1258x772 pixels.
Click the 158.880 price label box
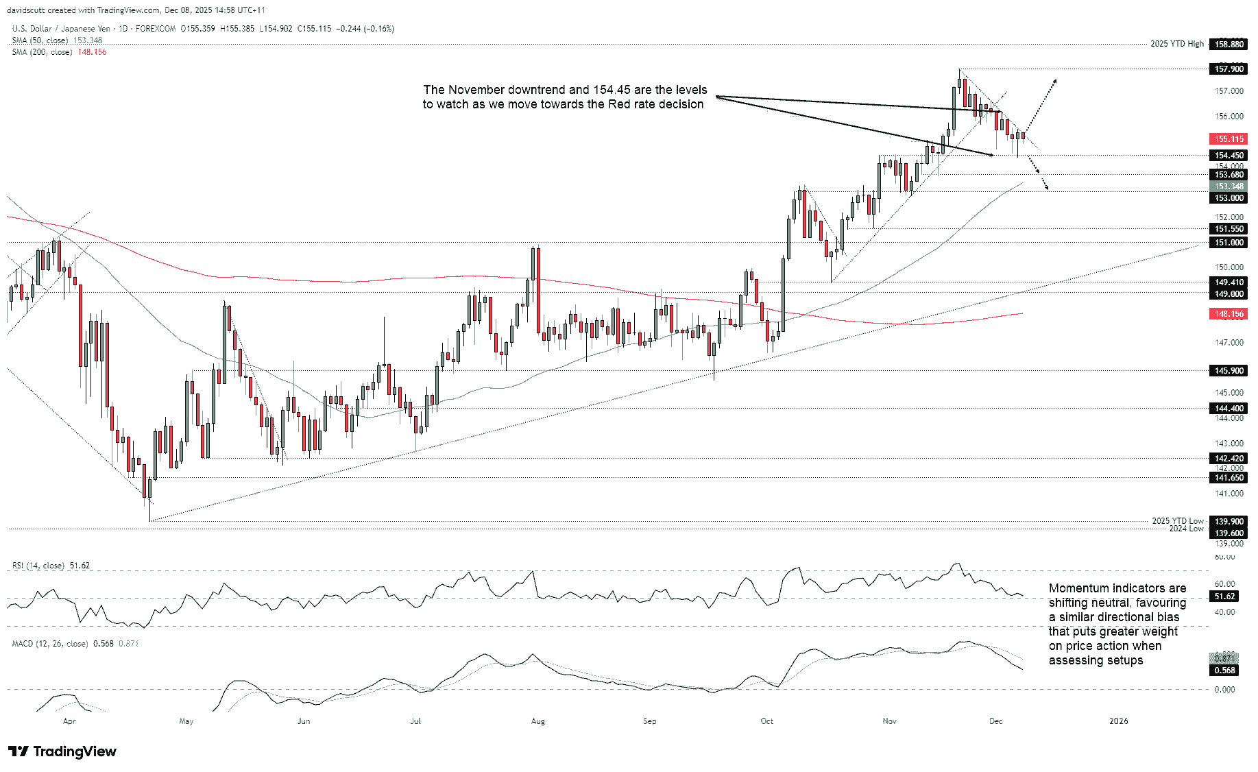coord(1229,44)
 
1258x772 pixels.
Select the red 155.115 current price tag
coord(1229,138)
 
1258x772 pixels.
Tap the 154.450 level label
coord(1229,156)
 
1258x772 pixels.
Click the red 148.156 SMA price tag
coord(1229,314)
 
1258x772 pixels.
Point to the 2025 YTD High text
coord(1176,44)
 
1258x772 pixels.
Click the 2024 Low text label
coord(1186,529)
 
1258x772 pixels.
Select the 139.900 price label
coord(1229,521)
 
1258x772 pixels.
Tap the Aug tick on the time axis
coord(538,721)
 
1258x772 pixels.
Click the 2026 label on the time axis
coord(1118,721)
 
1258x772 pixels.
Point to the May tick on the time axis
coord(186,721)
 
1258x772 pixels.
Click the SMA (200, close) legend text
coord(42,52)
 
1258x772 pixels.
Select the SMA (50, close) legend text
coord(40,40)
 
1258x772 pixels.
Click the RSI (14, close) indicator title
coord(38,566)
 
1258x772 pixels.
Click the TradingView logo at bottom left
coord(62,751)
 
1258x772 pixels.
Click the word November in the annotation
coord(481,90)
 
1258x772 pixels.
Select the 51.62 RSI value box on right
coord(1224,596)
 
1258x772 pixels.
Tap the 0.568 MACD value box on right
coord(1224,671)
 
